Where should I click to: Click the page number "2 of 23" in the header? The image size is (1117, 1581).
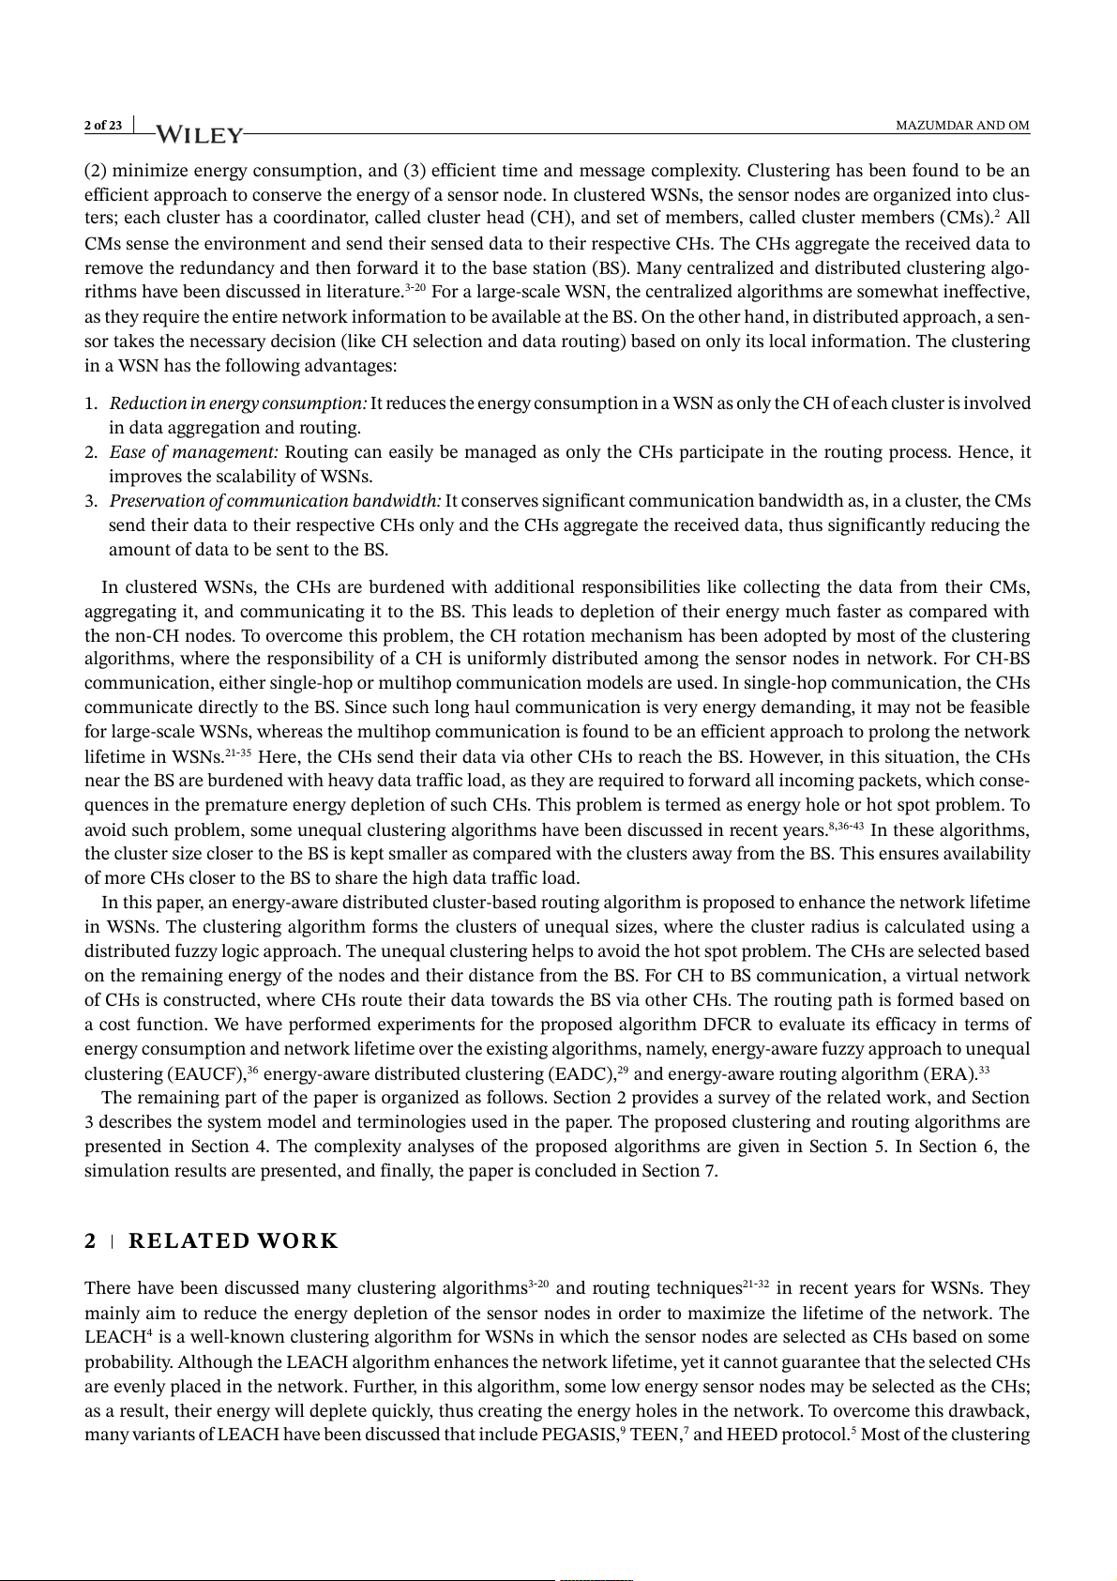tap(102, 126)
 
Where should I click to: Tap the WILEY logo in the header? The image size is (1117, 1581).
tap(199, 135)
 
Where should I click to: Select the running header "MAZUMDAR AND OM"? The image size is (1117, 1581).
tap(962, 126)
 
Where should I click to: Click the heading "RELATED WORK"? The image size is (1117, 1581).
tap(233, 1241)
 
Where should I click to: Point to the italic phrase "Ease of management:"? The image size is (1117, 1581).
tap(194, 452)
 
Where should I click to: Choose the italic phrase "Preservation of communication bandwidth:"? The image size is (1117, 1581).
tap(276, 501)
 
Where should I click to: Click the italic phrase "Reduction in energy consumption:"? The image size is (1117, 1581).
tap(238, 403)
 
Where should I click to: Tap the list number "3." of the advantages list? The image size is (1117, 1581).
tap(91, 501)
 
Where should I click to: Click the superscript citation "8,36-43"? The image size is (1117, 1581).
tap(846, 827)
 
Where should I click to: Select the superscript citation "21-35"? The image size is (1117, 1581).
tap(238, 753)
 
